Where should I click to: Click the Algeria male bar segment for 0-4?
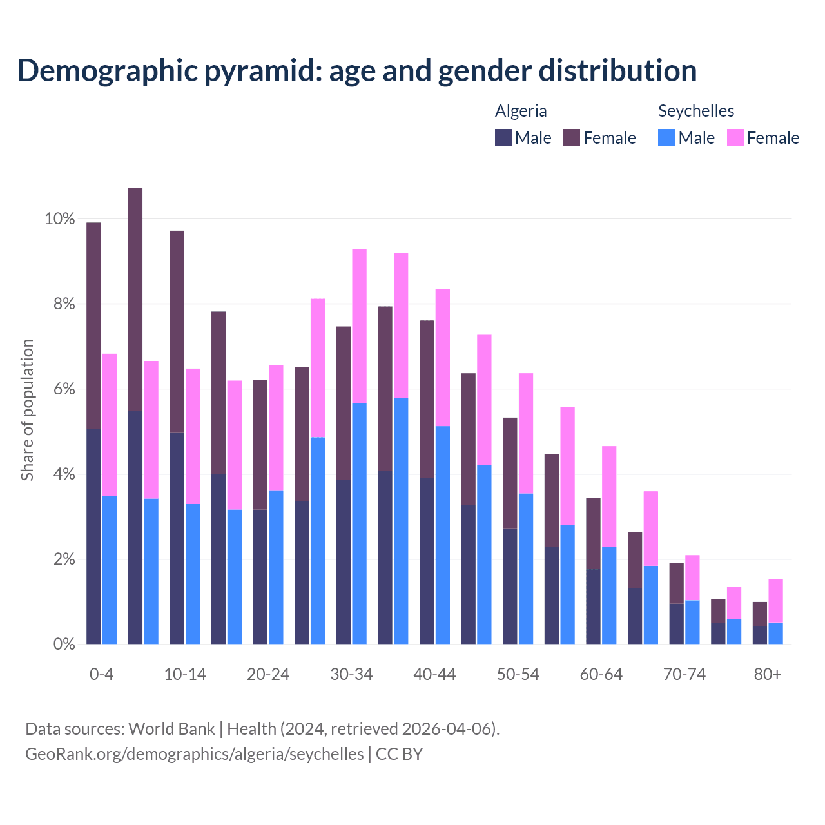click(93, 536)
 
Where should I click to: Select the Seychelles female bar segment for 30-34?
click(359, 326)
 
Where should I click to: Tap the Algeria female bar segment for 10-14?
click(177, 331)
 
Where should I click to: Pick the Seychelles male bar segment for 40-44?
click(443, 535)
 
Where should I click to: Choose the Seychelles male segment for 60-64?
click(609, 595)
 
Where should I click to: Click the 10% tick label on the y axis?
click(60, 219)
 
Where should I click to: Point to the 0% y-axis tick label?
click(64, 644)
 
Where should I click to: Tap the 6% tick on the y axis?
click(64, 389)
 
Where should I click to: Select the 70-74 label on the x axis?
click(684, 674)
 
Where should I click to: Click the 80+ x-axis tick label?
click(768, 674)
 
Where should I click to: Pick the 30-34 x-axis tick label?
click(351, 674)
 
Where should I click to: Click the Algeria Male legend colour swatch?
click(503, 137)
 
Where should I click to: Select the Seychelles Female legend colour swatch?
click(735, 137)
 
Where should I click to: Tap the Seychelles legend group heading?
click(696, 111)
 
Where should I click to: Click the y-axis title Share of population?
click(28, 410)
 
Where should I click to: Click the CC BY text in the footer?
click(399, 753)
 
